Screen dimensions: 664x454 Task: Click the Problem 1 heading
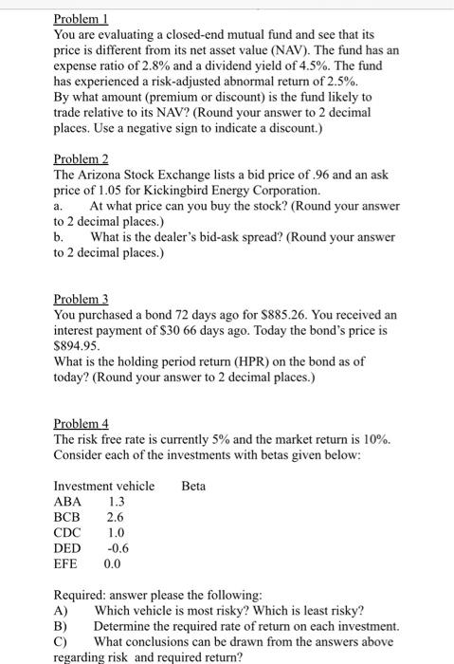tap(82, 19)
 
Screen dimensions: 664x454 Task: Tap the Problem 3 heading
tap(82, 297)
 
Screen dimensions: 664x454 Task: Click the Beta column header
tap(193, 487)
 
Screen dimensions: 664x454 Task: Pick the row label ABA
tap(68, 502)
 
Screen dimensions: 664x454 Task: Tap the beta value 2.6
tap(115, 518)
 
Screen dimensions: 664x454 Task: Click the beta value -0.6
tap(117, 548)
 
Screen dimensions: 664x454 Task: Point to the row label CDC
tap(68, 533)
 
